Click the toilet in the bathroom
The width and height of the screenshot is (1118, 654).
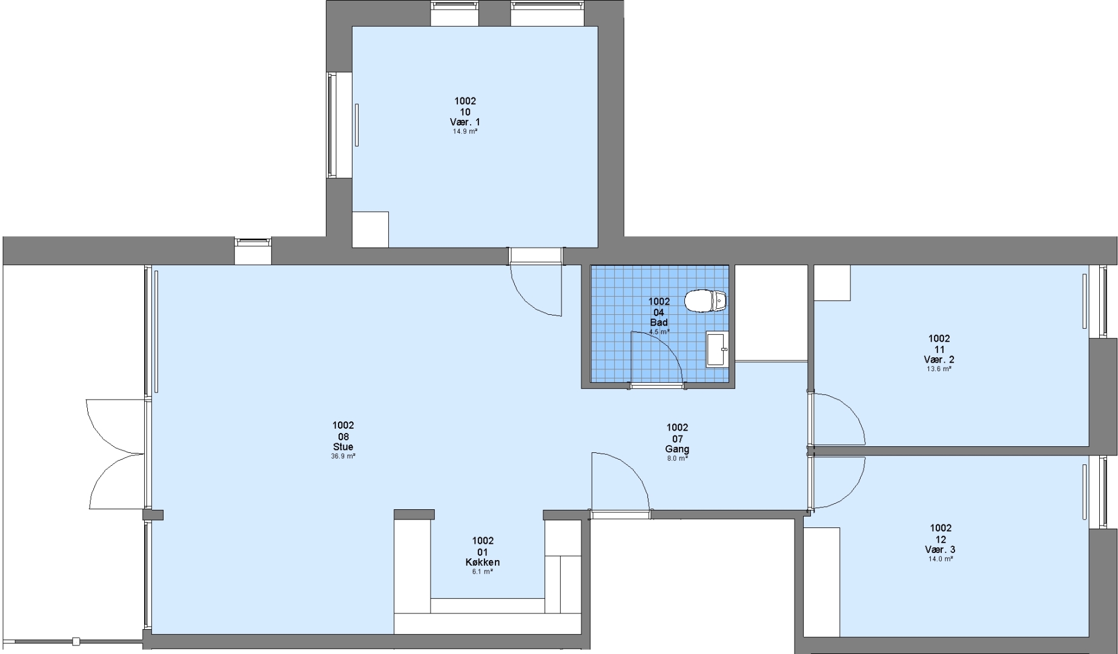(706, 301)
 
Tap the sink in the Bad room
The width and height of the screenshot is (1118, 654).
(717, 349)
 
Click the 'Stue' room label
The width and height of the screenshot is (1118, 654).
(343, 447)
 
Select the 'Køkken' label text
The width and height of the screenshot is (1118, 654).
(483, 563)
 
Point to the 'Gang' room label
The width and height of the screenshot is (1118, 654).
(677, 449)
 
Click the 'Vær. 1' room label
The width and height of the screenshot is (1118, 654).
(465, 122)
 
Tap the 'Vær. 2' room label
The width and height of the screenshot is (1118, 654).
(939, 360)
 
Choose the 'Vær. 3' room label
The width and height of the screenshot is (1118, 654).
(941, 550)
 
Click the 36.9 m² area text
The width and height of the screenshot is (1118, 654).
(343, 457)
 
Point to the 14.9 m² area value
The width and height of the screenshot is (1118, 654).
(465, 131)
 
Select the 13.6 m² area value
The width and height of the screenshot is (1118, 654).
(939, 369)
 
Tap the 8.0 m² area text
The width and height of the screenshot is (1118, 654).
(677, 459)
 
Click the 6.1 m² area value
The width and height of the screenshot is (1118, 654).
(483, 572)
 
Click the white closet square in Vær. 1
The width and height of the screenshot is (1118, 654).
(371, 230)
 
